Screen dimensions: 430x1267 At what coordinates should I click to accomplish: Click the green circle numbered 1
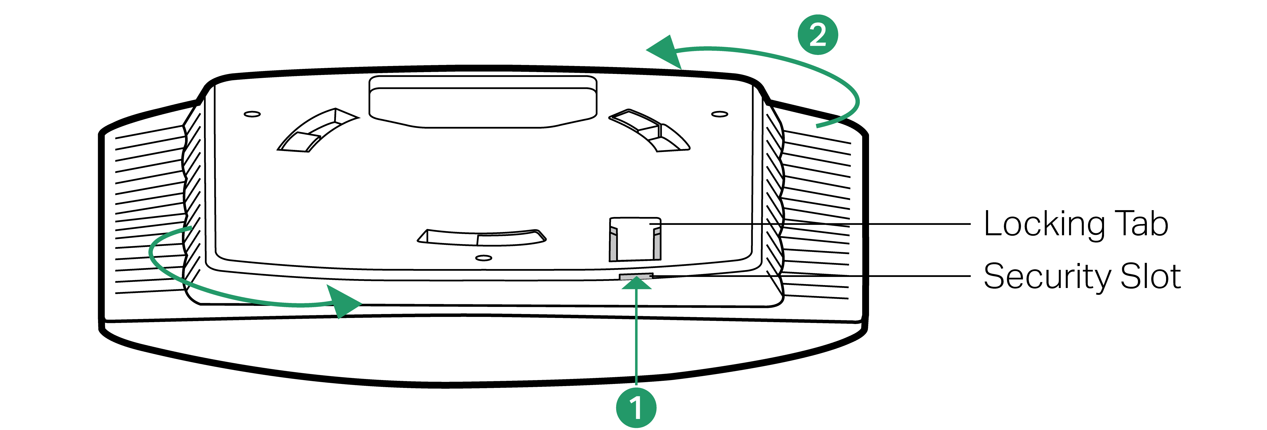(x=636, y=408)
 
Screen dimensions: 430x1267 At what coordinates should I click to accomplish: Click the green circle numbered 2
(x=818, y=34)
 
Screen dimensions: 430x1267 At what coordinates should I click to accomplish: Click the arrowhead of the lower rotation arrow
(x=344, y=301)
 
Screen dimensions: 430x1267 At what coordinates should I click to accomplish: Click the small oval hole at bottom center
(x=484, y=258)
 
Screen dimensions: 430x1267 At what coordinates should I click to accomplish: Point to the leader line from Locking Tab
(x=811, y=224)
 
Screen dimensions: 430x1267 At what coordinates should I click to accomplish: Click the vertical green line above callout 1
(x=636, y=340)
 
